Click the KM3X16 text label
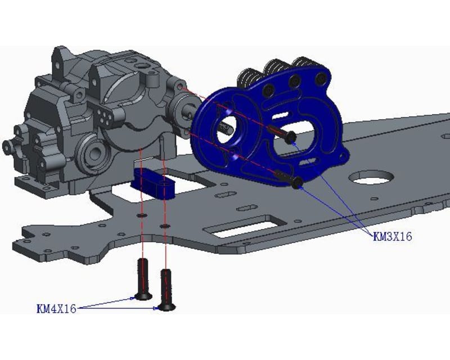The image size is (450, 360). [x=393, y=237]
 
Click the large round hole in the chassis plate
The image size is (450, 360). [x=370, y=178]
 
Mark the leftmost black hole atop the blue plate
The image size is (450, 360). [x=271, y=89]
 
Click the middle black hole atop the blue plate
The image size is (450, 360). [x=295, y=82]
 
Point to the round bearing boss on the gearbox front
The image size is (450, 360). [x=92, y=152]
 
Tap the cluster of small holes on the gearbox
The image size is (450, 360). [x=103, y=116]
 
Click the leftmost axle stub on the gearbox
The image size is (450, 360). [x=8, y=147]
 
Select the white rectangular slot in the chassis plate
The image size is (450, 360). [x=242, y=228]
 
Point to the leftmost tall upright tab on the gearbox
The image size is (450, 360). [x=60, y=60]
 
